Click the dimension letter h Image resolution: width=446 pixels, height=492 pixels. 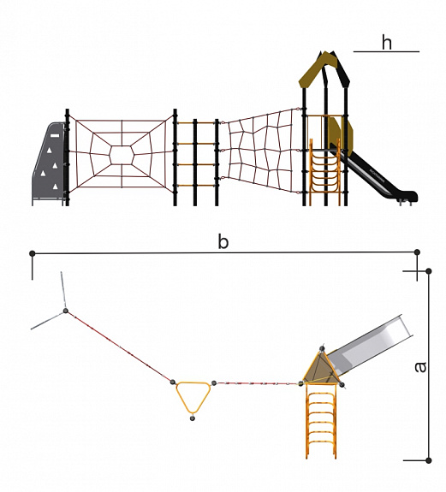pos(387,42)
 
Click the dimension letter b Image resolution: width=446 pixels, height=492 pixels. pos(223,242)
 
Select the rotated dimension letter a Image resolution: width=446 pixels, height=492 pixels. pos(420,367)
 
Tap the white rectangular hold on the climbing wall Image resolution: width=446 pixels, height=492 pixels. pos(55,135)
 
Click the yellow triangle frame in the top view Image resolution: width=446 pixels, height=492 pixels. pos(193,396)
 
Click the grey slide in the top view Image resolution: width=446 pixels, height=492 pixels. pos(371,348)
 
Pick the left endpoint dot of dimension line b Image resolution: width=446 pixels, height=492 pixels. pos(32,253)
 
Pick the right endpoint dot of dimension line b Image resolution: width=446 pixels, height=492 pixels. pos(417,252)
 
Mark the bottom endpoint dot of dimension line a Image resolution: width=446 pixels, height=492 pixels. pos(428,460)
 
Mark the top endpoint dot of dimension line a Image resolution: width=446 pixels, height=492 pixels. pos(428,270)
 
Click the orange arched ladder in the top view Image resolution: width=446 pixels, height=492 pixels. pos(321,420)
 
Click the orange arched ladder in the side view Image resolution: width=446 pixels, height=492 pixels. pos(324,173)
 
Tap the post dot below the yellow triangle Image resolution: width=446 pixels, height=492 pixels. pos(193,418)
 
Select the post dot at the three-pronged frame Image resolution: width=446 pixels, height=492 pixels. pos(66,311)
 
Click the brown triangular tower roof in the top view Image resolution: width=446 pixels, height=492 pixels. pos(322,367)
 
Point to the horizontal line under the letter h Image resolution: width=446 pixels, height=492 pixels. pos(386,51)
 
